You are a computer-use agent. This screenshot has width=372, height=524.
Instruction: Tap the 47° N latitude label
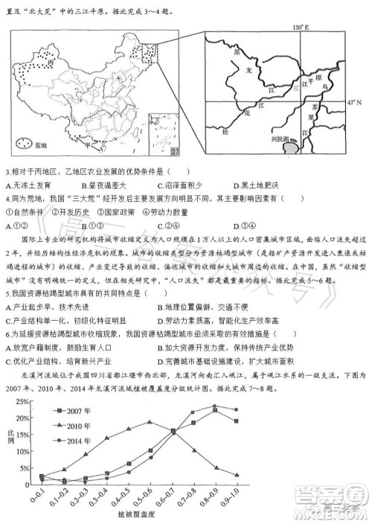(360, 102)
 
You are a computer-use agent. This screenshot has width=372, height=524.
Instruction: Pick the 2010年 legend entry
(71, 425)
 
